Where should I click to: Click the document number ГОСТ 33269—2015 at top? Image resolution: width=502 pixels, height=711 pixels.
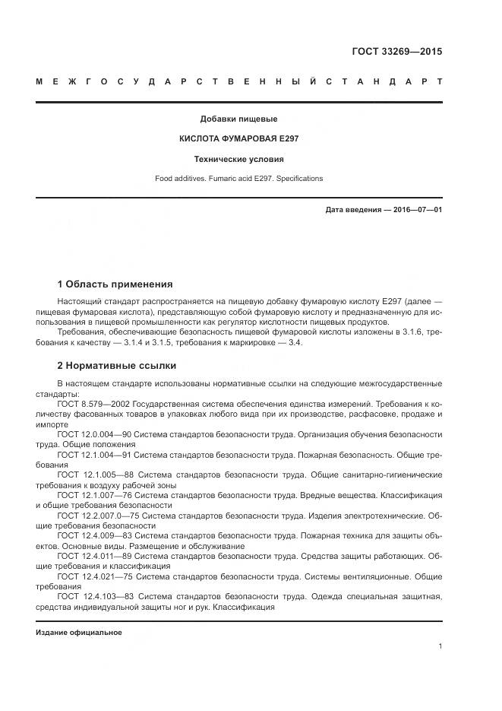(x=396, y=52)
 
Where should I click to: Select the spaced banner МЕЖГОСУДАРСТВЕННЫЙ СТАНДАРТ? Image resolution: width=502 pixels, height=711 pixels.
(x=238, y=81)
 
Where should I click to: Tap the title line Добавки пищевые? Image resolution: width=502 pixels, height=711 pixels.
(x=238, y=119)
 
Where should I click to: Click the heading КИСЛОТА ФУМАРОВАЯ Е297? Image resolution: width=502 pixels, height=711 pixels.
(x=238, y=139)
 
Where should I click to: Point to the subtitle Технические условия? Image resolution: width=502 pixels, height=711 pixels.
(x=238, y=160)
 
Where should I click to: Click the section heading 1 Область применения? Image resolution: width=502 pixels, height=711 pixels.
(x=115, y=284)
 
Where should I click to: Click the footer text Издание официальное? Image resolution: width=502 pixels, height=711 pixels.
(x=79, y=633)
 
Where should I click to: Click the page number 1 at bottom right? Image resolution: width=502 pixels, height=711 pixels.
(x=440, y=646)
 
